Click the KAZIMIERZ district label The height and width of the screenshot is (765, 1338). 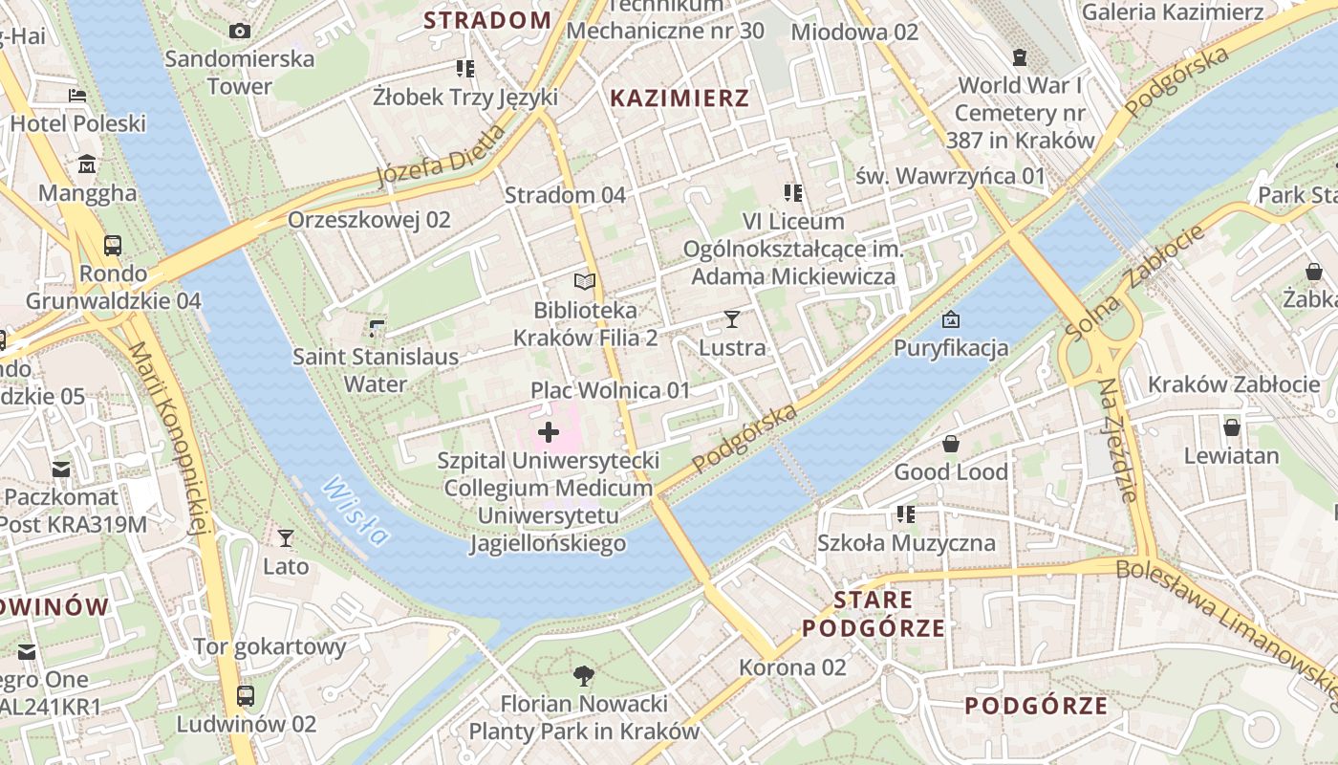tap(680, 98)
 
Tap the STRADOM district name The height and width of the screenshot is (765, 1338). tap(487, 20)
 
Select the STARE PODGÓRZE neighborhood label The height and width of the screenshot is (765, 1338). tap(874, 614)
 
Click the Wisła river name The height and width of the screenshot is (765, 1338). tap(356, 512)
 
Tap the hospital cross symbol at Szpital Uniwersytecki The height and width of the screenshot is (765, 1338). tap(549, 432)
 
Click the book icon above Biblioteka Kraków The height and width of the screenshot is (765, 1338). tap(585, 281)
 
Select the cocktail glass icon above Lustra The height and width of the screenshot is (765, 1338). tap(732, 318)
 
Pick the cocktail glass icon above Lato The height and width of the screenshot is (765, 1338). tap(286, 537)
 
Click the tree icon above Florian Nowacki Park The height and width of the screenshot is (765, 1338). tap(583, 676)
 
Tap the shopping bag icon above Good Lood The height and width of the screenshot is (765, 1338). tap(951, 443)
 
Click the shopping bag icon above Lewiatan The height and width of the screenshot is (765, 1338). tap(1232, 426)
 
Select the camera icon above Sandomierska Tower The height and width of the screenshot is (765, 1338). tap(240, 31)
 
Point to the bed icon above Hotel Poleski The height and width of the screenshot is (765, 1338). tap(77, 95)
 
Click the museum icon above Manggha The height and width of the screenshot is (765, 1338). tap(87, 164)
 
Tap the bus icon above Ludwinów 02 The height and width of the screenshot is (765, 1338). tap(246, 695)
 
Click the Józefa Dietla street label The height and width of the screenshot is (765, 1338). tap(441, 156)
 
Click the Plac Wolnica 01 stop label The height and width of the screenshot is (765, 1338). tap(610, 390)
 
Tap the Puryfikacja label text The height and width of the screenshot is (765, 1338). tap(951, 347)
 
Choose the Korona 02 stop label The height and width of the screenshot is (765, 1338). tap(793, 667)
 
